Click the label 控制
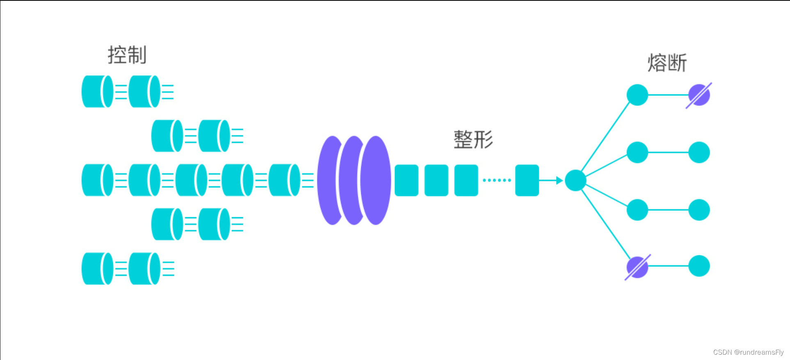127,55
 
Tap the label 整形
473,140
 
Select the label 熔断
667,63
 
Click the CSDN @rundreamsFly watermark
748,352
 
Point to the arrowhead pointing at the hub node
559,180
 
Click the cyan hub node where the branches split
575,180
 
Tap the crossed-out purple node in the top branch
699,95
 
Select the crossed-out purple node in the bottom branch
637,267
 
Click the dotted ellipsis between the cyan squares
497,180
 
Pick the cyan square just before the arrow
527,180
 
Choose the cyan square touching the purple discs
406,180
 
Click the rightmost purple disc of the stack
376,180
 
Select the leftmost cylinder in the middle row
97,180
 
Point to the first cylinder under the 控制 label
97,92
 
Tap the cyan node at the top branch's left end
637,95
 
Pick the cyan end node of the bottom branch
699,266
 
